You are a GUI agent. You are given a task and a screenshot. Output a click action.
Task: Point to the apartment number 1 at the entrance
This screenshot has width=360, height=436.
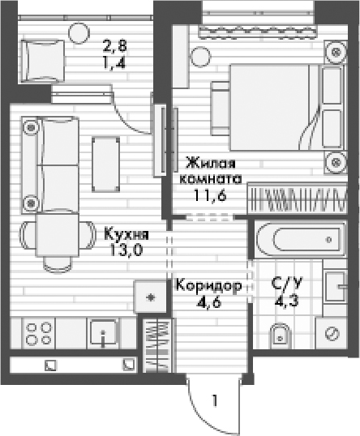tap(215, 400)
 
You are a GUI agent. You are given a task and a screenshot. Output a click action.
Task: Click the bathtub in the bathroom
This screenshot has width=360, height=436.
tap(300, 241)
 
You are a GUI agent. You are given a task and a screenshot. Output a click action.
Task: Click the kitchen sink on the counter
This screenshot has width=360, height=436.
tap(105, 333)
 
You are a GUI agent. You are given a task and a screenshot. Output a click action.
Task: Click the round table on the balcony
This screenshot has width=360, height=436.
tap(79, 32)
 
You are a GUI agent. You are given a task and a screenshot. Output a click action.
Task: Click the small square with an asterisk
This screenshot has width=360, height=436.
tap(149, 297)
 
